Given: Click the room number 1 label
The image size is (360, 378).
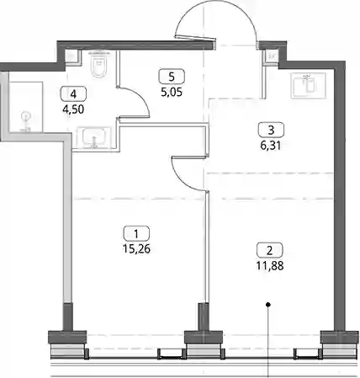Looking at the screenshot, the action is (x=136, y=233).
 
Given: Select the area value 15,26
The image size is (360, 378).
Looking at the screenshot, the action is (x=136, y=248).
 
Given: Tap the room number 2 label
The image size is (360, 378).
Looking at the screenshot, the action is (x=270, y=250).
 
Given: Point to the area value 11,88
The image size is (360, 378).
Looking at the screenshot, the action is (x=270, y=265).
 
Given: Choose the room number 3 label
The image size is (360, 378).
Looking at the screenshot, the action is (x=271, y=130).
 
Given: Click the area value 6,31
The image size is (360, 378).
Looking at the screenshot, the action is (x=271, y=146).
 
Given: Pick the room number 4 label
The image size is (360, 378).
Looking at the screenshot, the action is (x=73, y=94).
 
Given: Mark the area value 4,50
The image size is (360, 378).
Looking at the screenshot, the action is (x=73, y=109).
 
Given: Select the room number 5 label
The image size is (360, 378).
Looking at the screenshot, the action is (x=172, y=77).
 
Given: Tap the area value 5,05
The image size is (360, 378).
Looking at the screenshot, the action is (x=172, y=92).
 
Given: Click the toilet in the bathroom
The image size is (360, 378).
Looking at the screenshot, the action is (x=99, y=64).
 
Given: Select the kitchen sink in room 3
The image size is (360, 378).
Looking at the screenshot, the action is (x=309, y=85).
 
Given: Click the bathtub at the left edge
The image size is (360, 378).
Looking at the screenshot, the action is (x=26, y=107).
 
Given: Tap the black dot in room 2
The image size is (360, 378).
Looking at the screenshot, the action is (x=268, y=304).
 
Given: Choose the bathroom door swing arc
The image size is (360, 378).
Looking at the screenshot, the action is (x=141, y=96).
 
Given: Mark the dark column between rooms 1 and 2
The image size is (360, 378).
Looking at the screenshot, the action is (x=204, y=317).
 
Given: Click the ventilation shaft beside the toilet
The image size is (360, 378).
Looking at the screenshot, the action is (x=73, y=56).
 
